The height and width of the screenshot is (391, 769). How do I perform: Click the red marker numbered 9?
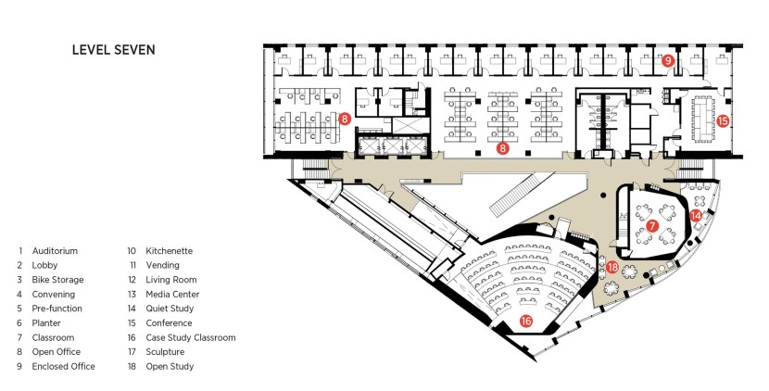[667, 61]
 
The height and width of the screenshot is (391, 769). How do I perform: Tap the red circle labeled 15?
[723, 120]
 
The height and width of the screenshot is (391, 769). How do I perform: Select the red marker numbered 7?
[651, 226]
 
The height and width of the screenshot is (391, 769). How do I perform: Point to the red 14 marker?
[696, 215]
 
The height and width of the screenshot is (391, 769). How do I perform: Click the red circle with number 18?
[612, 268]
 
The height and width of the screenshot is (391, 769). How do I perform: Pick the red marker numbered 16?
[525, 322]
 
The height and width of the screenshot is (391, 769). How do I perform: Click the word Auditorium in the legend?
[55, 251]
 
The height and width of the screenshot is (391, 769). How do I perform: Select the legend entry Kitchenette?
[170, 251]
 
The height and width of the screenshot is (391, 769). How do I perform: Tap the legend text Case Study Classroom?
[191, 337]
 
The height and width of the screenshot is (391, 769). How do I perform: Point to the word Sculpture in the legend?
[165, 352]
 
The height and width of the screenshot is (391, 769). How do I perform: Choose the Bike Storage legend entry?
[57, 280]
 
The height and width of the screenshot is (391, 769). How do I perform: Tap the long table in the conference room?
[702, 119]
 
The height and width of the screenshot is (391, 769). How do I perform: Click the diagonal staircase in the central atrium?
[523, 194]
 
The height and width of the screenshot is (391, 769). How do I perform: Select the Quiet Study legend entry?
[170, 309]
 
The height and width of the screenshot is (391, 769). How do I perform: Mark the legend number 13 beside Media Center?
[132, 295]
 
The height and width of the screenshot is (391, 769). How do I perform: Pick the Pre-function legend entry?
[57, 309]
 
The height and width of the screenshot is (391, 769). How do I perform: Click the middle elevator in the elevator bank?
[393, 145]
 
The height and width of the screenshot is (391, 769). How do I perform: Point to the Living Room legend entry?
[171, 280]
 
